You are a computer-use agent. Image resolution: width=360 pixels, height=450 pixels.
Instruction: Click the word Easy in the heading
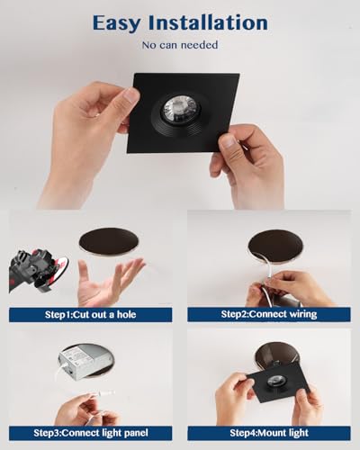click(116, 23)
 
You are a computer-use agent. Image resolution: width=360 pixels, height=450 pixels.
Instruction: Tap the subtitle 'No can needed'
click(180, 45)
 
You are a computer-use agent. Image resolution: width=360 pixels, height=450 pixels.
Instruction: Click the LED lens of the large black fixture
click(180, 109)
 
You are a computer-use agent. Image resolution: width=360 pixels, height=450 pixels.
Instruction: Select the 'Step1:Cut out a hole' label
click(90, 314)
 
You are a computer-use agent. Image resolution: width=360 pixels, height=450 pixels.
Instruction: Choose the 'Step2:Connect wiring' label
click(269, 314)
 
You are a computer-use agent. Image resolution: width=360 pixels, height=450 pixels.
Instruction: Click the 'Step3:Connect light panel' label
click(91, 433)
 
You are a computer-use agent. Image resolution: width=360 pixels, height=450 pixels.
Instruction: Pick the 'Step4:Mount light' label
click(269, 433)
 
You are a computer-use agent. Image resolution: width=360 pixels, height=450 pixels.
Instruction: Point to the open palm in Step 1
click(108, 282)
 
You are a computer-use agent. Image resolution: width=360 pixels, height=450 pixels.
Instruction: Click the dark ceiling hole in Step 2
click(275, 246)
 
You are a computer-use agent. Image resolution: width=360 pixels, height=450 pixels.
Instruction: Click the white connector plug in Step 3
click(104, 393)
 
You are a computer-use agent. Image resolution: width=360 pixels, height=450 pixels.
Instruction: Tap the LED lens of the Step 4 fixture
click(274, 381)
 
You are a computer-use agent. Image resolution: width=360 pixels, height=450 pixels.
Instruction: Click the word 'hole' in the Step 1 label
click(127, 314)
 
